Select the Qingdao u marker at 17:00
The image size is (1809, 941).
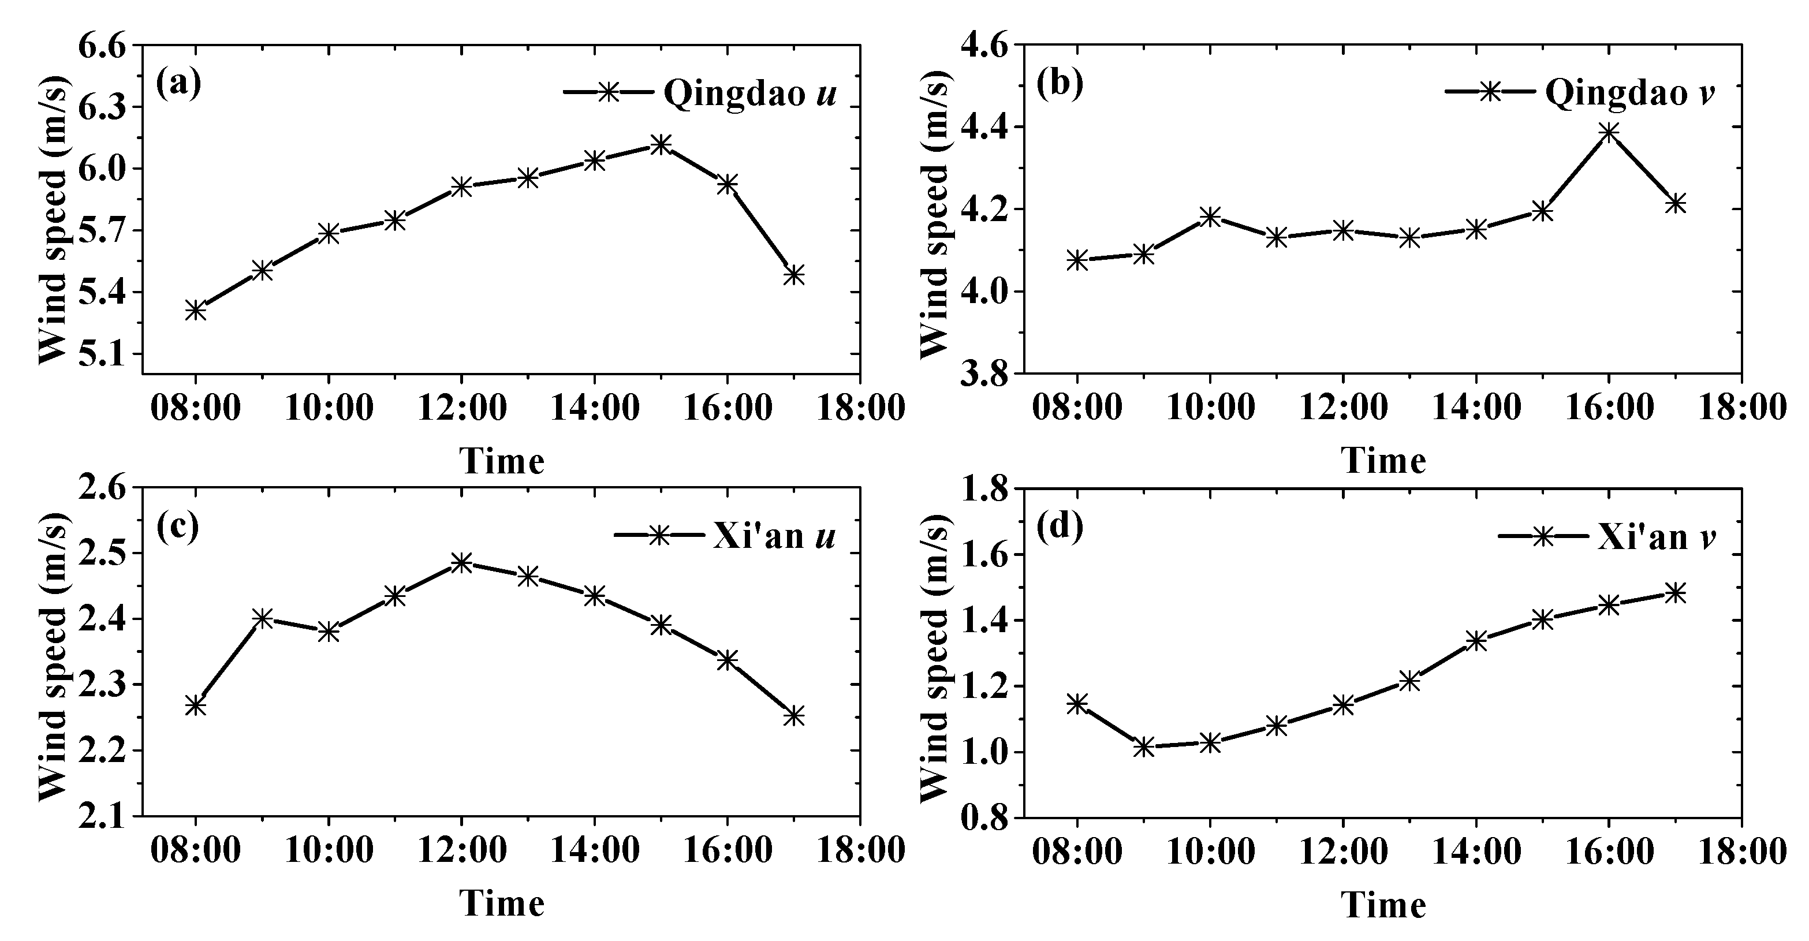[793, 275]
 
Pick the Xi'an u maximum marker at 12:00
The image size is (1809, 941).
[461, 562]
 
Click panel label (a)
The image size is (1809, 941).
[178, 84]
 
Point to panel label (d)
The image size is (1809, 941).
[1060, 526]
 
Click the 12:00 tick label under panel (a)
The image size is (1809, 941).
[461, 408]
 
